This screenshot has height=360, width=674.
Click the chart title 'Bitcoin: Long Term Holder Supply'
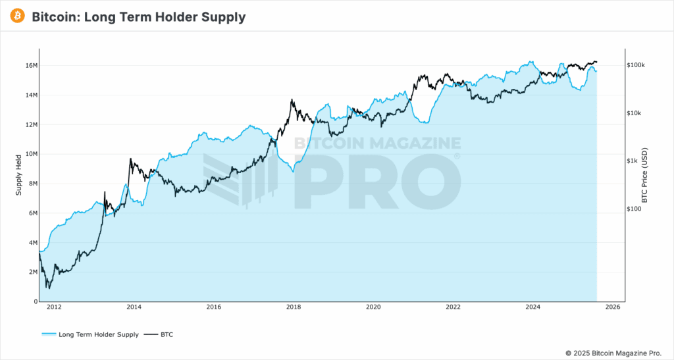(x=138, y=17)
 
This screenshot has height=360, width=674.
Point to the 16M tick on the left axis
(x=31, y=66)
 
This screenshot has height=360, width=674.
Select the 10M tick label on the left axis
(x=31, y=154)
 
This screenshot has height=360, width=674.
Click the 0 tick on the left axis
(x=36, y=301)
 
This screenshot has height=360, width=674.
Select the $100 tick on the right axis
(x=635, y=209)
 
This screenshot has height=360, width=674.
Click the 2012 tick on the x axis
(x=54, y=307)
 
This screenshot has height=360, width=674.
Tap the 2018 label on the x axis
(x=294, y=307)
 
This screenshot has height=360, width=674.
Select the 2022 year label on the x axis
(x=453, y=307)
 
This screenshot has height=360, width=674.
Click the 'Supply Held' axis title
(x=18, y=175)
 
